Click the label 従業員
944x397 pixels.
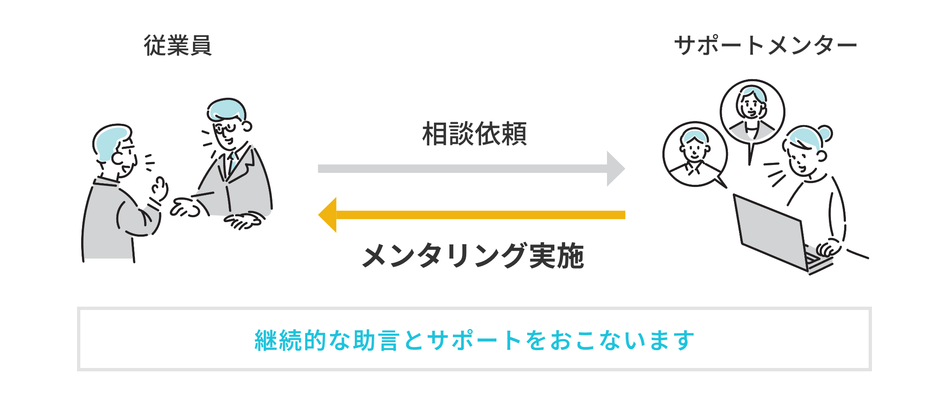[x=178, y=45]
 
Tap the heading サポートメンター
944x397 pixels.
[x=765, y=45]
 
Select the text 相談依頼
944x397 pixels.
[x=474, y=134]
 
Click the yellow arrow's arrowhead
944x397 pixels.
[x=328, y=215]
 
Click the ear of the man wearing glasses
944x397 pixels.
[x=247, y=126]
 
